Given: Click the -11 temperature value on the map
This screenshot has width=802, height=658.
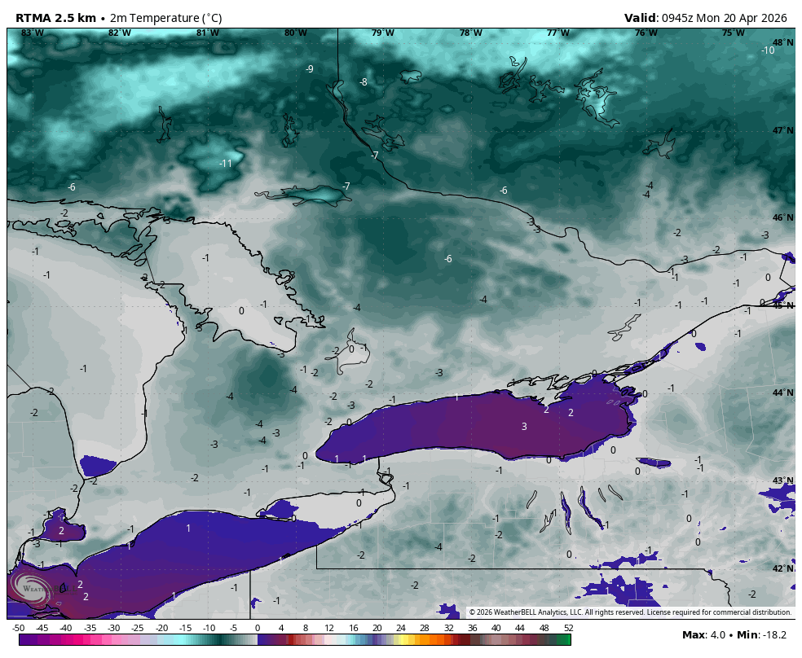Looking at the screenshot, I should (226, 164).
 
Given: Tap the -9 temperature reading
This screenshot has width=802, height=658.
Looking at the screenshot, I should (309, 69).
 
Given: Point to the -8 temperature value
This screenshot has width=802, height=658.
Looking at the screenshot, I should (363, 82).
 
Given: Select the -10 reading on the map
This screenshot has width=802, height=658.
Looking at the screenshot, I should (768, 50).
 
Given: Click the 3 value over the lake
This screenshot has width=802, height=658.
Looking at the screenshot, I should (524, 427).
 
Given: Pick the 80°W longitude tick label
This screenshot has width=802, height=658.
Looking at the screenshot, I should (295, 33).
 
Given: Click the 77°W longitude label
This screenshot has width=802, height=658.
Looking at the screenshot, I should (557, 33).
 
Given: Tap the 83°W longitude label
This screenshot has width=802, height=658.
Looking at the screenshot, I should (32, 33).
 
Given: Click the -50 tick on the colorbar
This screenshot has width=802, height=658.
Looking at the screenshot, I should (18, 628).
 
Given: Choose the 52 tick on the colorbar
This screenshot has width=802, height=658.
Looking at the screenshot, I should (567, 628).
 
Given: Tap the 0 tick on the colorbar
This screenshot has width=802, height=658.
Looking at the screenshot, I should (258, 628).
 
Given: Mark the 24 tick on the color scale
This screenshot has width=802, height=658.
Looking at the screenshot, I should (401, 628).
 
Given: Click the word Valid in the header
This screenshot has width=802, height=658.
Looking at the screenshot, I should (641, 18).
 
